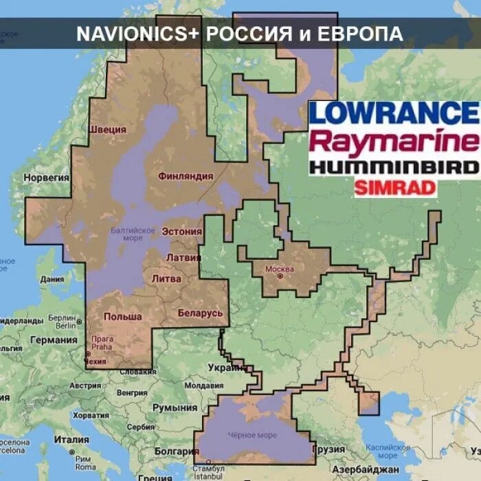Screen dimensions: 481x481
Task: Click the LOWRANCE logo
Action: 393,113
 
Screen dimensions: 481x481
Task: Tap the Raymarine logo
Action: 393,142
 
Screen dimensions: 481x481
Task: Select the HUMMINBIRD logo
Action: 393,167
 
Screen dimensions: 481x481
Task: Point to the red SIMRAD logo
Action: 395,188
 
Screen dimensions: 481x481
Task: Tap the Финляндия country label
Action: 185,176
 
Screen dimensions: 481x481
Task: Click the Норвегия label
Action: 47,177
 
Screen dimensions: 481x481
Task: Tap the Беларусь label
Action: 200,313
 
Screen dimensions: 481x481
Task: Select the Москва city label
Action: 280,267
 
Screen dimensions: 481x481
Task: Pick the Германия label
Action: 54,339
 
